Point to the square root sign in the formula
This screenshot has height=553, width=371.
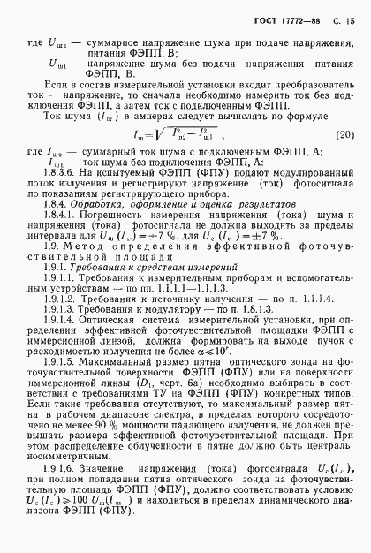pos(177,134)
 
